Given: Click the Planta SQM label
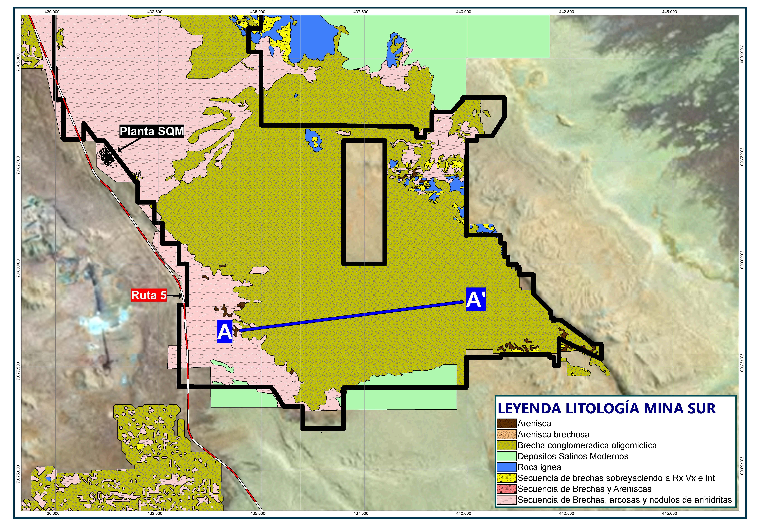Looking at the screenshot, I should pos(151,131).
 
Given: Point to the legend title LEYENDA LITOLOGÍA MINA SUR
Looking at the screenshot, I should pos(607,408).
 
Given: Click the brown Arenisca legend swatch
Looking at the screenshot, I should pos(506,423).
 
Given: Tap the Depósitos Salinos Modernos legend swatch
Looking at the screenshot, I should pos(506,456).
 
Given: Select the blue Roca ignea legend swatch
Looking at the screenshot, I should pos(506,467).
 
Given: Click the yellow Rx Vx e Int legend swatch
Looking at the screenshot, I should pos(506,478).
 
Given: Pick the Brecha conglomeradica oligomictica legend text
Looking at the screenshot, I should pos(587,445).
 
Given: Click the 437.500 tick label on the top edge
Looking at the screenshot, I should pos(361,12).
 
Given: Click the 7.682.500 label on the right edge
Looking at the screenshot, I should pos(742,156).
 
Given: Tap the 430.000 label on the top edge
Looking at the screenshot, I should pos(52,12).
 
